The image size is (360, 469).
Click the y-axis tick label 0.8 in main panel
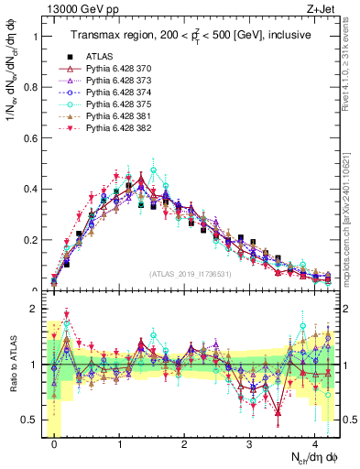(x=28, y=88)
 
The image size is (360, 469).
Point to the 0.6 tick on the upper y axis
(x=28, y=139)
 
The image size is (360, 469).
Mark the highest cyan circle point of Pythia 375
(x=154, y=170)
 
